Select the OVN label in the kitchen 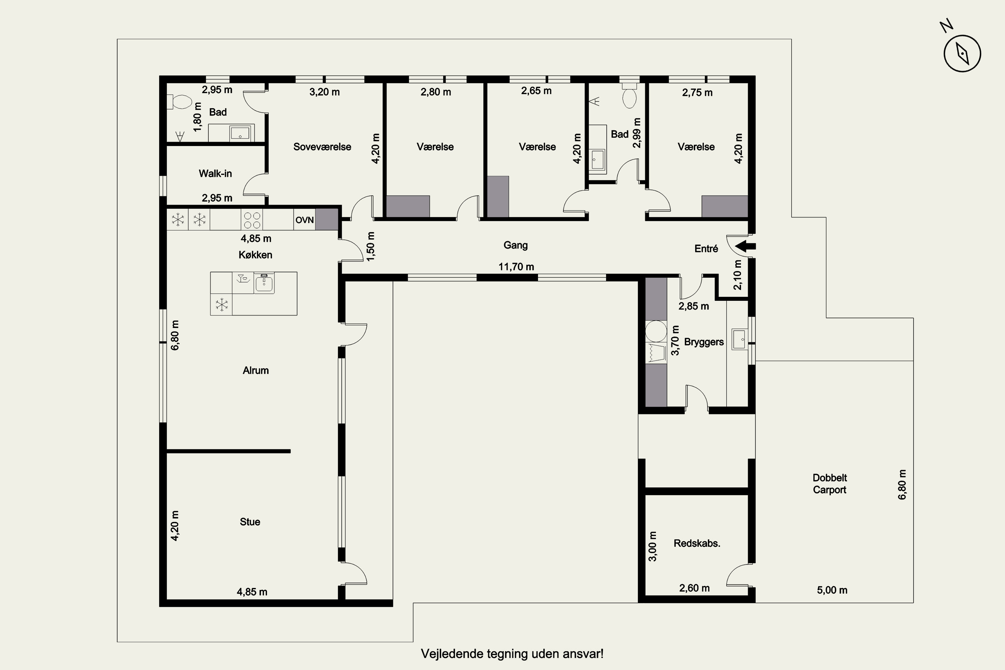305,220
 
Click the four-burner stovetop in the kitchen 252,220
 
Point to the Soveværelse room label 322,147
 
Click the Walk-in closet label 215,174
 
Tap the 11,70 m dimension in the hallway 516,267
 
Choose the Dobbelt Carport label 829,484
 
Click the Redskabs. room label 697,543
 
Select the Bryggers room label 704,342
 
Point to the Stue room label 250,522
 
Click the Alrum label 256,371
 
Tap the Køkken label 256,255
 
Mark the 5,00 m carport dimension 832,590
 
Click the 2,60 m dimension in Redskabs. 694,588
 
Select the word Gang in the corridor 515,245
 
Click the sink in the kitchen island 264,283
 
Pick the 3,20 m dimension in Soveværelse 324,92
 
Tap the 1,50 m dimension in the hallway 371,247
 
